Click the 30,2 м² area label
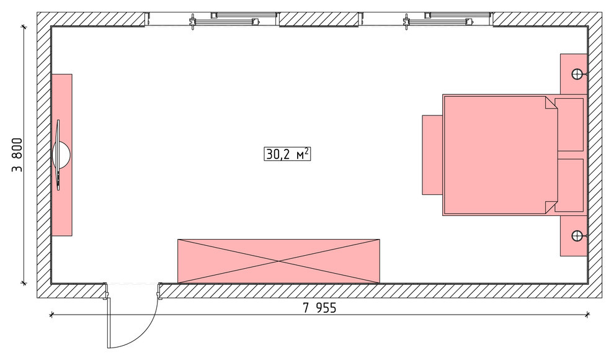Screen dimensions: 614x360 coord(287,154)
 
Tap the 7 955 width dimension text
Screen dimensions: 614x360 coord(319,308)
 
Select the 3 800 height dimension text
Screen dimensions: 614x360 coord(17,155)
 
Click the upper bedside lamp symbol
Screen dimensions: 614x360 coord(577,74)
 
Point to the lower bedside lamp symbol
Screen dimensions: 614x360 coord(577,236)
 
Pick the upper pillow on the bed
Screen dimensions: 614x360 coord(569,125)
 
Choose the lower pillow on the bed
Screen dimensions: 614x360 coord(569,186)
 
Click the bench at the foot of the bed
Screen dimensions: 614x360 coord(432,155)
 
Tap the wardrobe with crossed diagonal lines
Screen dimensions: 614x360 coord(278,261)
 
